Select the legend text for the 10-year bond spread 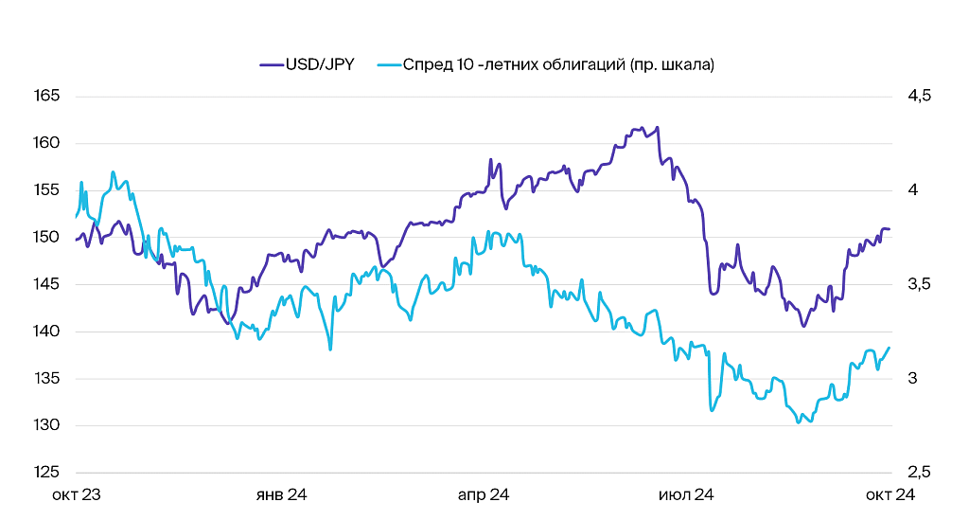pyautogui.click(x=558, y=64)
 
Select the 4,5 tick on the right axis pyautogui.click(x=919, y=97)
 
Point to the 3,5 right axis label pyautogui.click(x=919, y=284)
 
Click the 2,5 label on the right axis pyautogui.click(x=919, y=473)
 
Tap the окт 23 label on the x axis pyautogui.click(x=77, y=494)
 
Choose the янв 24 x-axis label pyautogui.click(x=282, y=494)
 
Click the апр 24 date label pyautogui.click(x=484, y=494)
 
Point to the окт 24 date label pyautogui.click(x=890, y=494)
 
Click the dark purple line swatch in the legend pyautogui.click(x=271, y=65)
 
